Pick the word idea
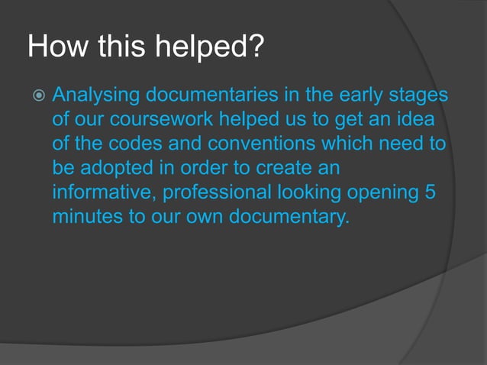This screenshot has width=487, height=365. point(414,121)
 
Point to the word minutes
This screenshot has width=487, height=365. point(85,215)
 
